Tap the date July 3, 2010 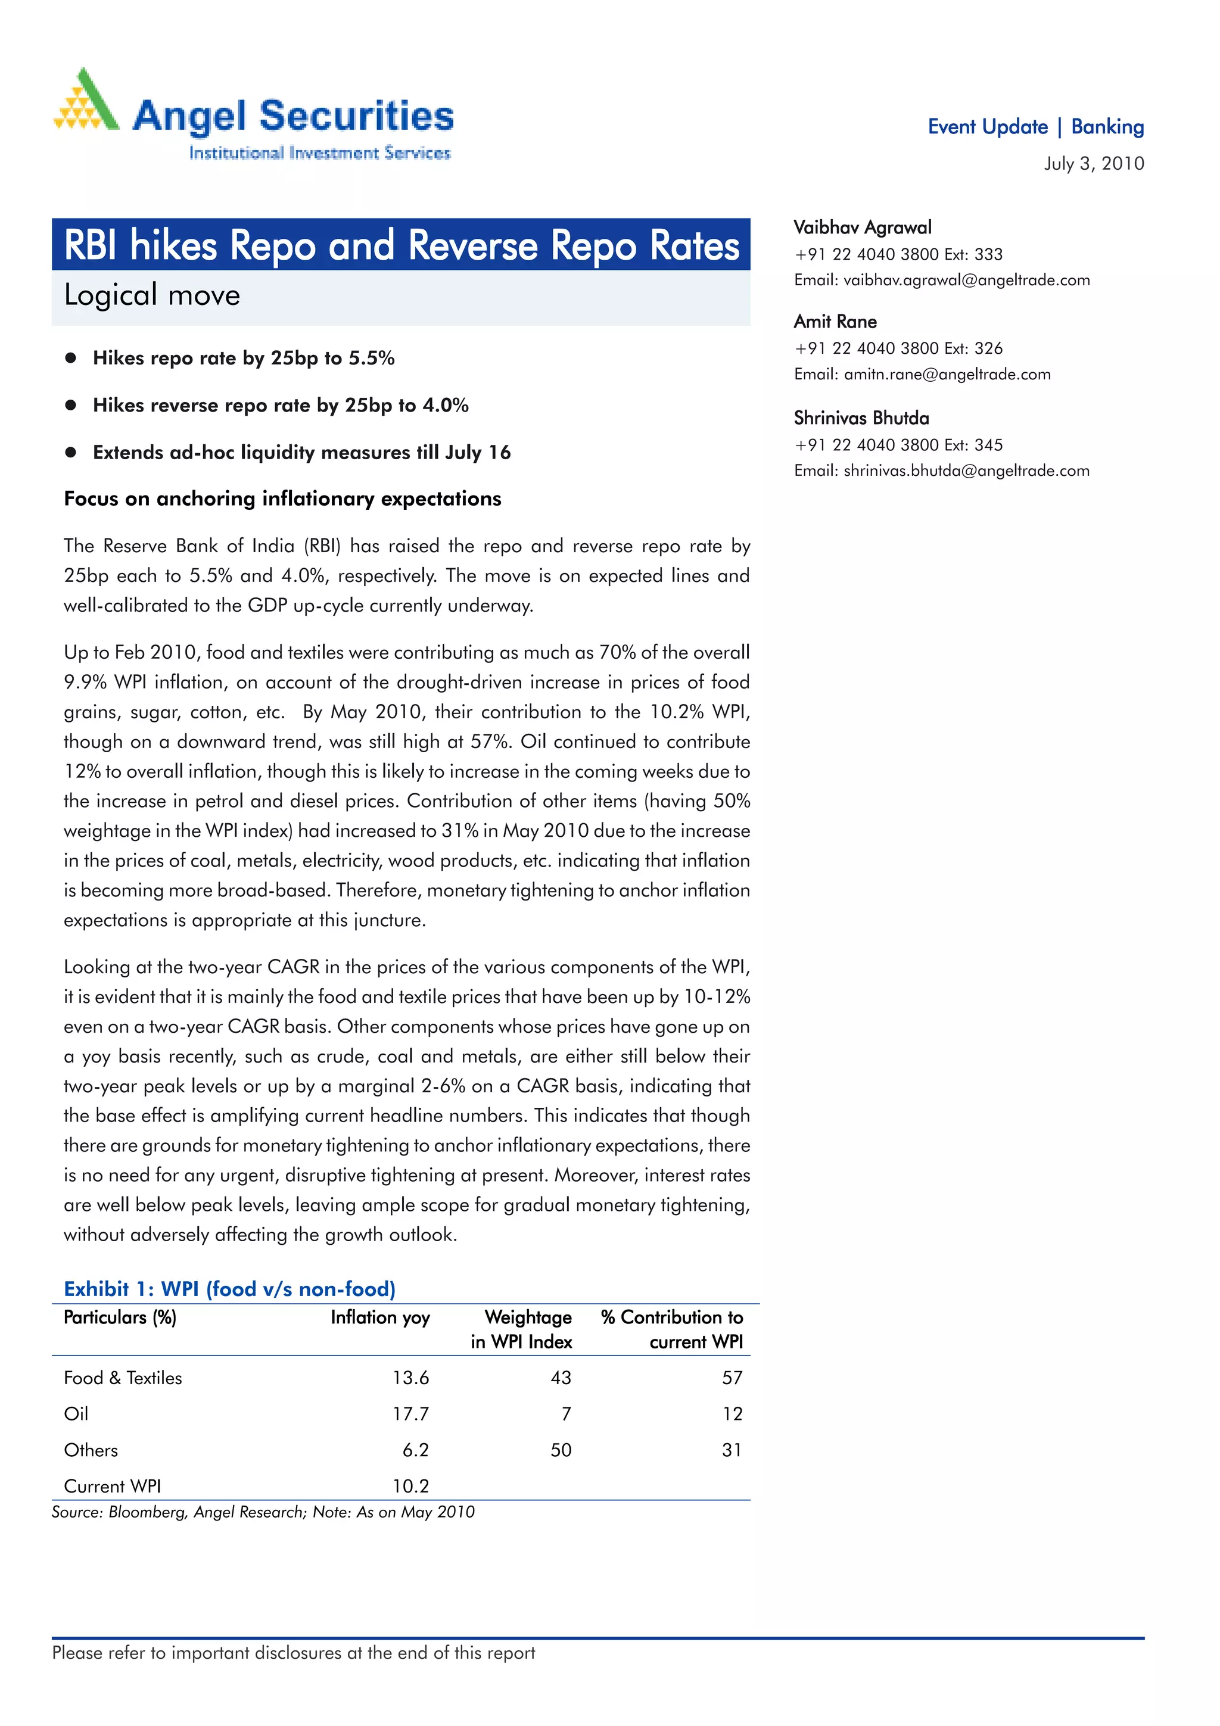[1093, 163]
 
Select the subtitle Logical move [152, 295]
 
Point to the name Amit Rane [835, 321]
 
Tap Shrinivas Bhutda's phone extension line [898, 444]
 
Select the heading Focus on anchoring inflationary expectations [282, 499]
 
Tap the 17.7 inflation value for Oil [410, 1413]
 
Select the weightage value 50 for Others [561, 1450]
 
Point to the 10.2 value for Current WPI [410, 1485]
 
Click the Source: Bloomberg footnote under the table [263, 1512]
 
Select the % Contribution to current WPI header [671, 1329]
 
